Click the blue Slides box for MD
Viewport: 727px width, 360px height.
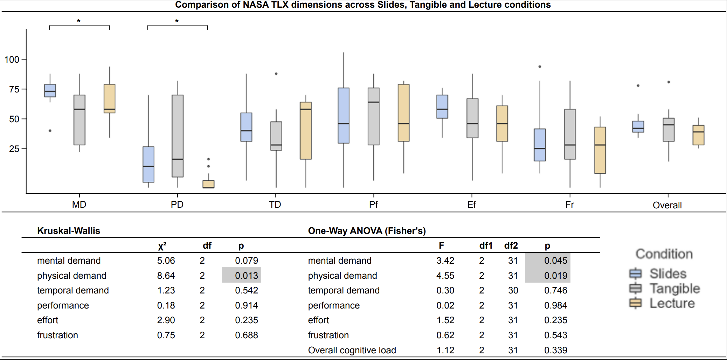point(50,90)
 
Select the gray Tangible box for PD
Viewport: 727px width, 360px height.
point(178,136)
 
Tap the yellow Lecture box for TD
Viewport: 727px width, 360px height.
point(306,131)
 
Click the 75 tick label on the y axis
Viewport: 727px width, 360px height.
point(14,89)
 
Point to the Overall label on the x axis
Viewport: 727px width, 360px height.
point(667,205)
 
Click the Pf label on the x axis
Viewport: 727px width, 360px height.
point(373,205)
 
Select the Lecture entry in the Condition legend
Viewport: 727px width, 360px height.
point(672,303)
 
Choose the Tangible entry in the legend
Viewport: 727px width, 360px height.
point(674,289)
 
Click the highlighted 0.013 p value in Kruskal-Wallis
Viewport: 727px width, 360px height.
point(246,276)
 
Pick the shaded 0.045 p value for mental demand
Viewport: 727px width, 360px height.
point(555,261)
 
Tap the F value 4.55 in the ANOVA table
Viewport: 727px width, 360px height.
point(445,276)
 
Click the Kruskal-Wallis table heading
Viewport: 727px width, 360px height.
point(69,231)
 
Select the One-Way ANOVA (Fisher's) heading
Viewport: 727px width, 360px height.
point(367,231)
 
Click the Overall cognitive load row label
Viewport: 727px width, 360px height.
point(352,350)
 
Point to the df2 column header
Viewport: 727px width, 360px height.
point(511,245)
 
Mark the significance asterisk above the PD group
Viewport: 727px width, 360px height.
point(177,21)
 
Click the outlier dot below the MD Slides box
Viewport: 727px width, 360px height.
point(50,131)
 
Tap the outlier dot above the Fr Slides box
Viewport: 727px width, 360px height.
point(540,67)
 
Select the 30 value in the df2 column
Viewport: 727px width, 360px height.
point(513,290)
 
